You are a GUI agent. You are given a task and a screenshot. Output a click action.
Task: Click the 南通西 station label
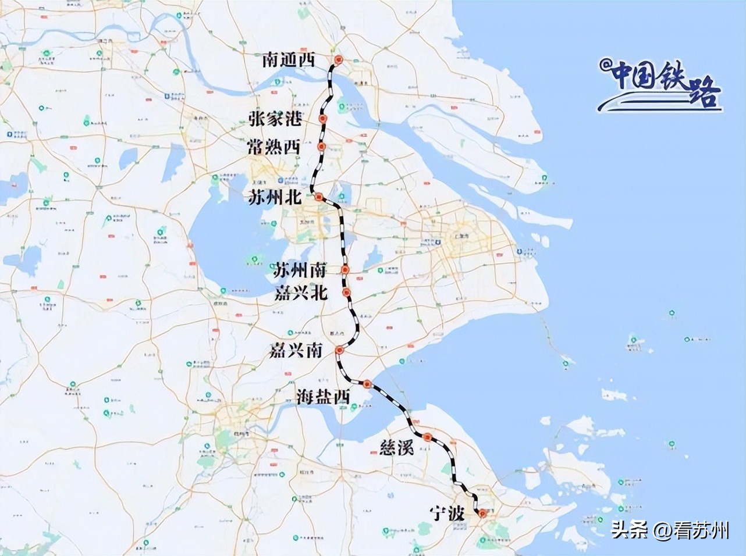288,59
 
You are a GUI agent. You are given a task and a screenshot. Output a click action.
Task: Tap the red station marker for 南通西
339,60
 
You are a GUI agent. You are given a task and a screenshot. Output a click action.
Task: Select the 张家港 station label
276,119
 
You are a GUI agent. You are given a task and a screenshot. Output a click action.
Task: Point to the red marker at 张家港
323,119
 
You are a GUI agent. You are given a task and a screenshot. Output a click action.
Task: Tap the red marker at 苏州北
319,198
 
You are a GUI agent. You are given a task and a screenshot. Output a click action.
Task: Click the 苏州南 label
300,270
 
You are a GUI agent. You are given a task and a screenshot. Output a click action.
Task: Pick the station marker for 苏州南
346,270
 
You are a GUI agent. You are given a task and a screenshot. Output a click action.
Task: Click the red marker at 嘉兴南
339,351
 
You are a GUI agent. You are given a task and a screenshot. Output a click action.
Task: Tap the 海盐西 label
323,397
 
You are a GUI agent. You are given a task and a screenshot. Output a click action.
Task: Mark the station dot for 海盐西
367,384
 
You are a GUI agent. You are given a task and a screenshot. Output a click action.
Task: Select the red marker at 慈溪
428,437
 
